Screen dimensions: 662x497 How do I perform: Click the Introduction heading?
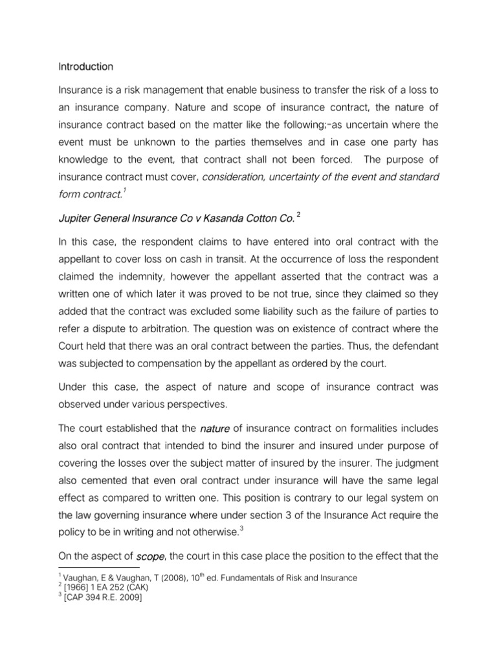click(x=85, y=67)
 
